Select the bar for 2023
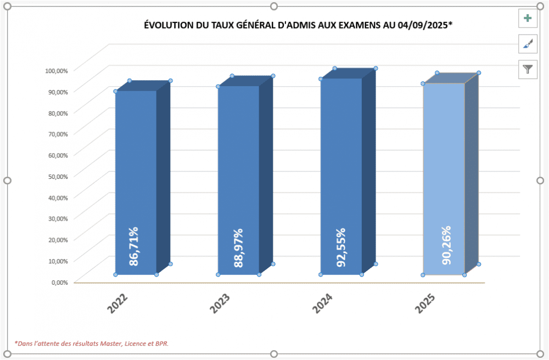(238, 165)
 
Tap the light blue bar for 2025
(444, 165)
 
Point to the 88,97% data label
(238, 248)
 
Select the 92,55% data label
(341, 248)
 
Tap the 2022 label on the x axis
(118, 303)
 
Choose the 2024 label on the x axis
(323, 303)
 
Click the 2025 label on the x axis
(425, 303)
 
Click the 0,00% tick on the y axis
(58, 282)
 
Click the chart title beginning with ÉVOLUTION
(298, 25)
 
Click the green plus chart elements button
(528, 18)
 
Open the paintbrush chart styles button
(528, 43)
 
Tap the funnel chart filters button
(528, 69)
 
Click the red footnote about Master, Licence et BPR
(92, 344)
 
